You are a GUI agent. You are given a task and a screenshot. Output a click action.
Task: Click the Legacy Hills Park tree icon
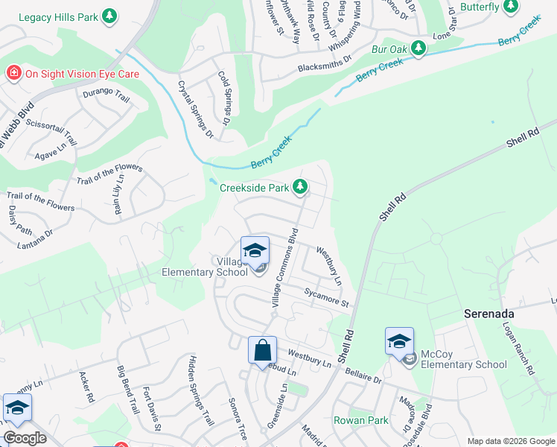[x=109, y=16]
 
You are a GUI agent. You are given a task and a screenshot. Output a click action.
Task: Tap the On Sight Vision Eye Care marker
[x=13, y=73]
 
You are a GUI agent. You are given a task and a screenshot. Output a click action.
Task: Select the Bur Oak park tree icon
[x=418, y=49]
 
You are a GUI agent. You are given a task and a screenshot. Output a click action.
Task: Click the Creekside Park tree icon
[x=300, y=187]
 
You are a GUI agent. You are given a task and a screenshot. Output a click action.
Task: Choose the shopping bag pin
[x=263, y=350]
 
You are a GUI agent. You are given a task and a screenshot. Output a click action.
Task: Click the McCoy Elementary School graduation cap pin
[x=399, y=342]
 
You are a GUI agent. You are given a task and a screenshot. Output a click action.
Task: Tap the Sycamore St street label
[x=326, y=298]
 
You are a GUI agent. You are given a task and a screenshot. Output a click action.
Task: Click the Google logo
[x=25, y=438]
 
